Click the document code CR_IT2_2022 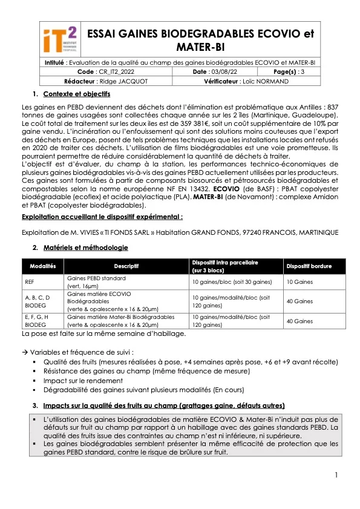click(x=113, y=71)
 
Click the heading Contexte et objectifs click(x=76, y=94)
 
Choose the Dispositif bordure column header click(x=309, y=266)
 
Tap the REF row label click(x=30, y=282)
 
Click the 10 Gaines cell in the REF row click(x=299, y=282)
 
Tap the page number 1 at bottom click(x=336, y=475)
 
